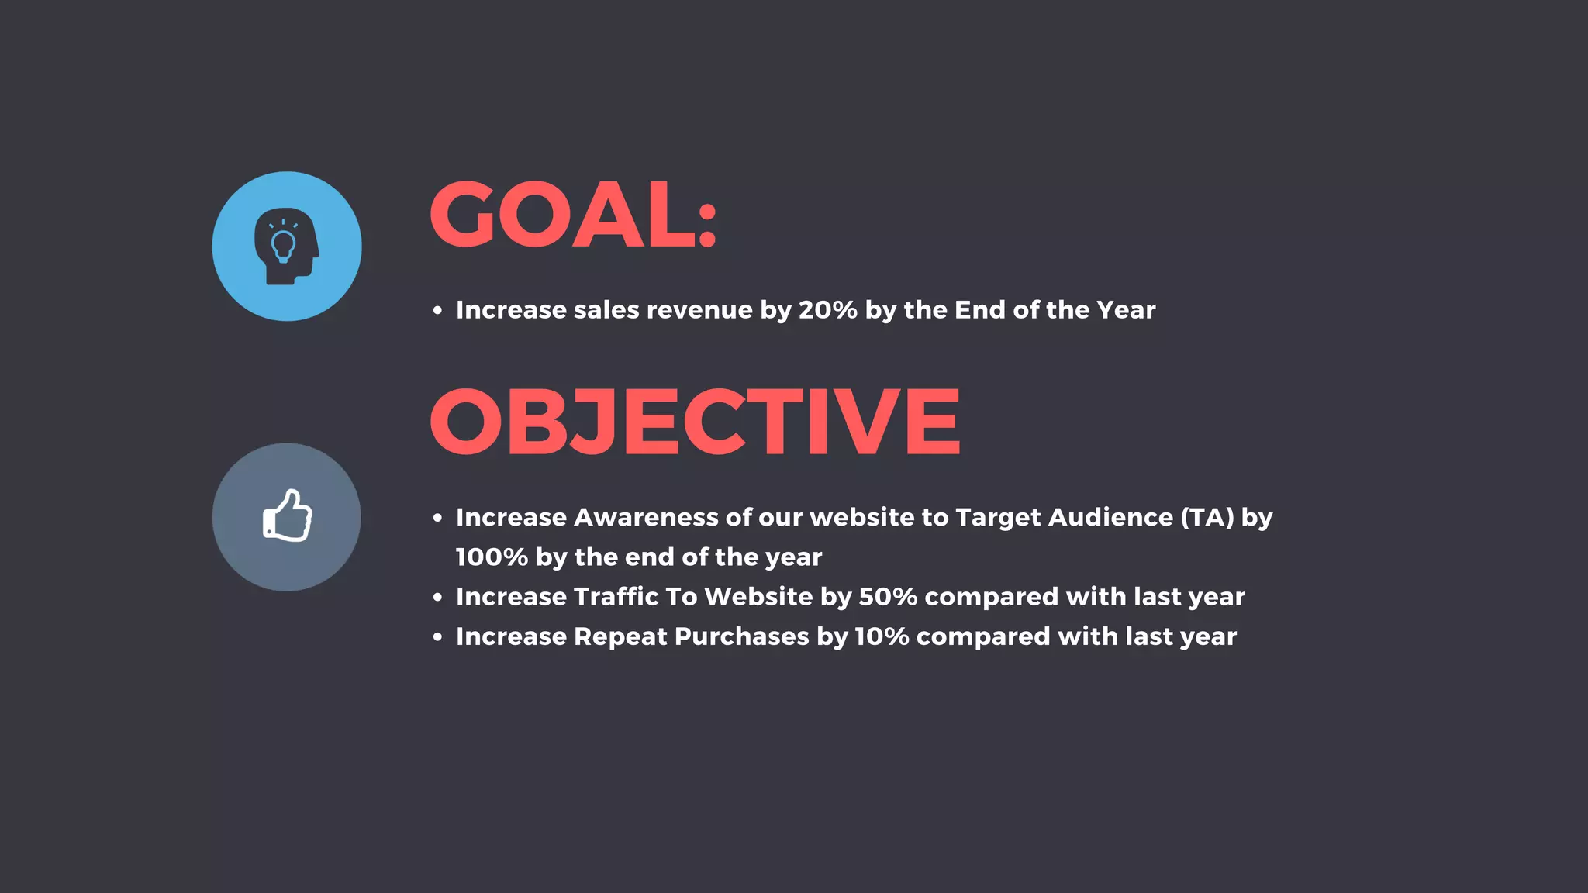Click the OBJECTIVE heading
(x=695, y=422)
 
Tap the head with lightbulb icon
(x=286, y=246)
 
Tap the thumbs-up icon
(x=287, y=516)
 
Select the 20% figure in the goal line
(x=827, y=310)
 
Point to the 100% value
(x=491, y=557)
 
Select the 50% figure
(x=888, y=597)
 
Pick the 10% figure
(x=882, y=636)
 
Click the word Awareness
(x=645, y=517)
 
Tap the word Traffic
(x=616, y=597)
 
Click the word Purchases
(x=741, y=636)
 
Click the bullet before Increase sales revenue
(x=438, y=311)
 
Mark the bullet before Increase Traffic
(x=438, y=598)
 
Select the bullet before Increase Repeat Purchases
(x=438, y=637)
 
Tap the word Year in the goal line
(x=1126, y=310)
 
